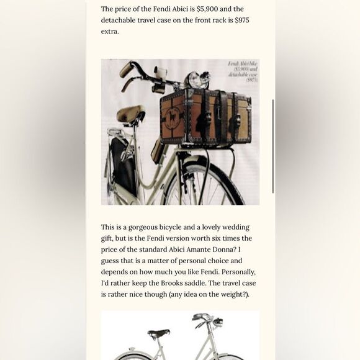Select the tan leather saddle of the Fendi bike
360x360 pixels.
(x=130, y=114)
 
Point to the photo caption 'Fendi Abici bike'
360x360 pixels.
(x=243, y=64)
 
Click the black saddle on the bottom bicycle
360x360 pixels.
(x=159, y=333)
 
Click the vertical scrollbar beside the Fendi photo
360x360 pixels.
(x=273, y=146)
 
